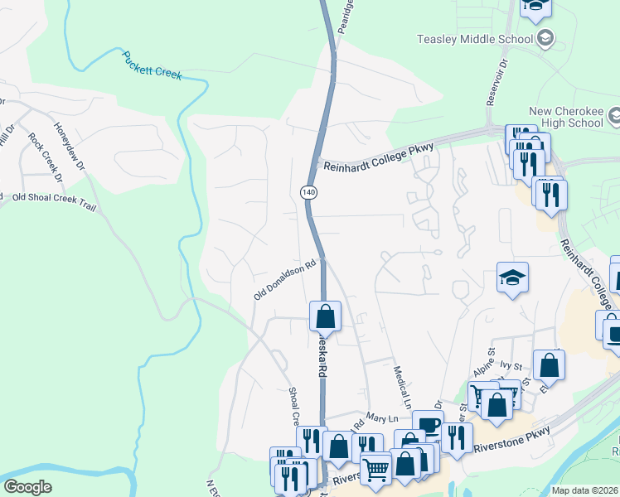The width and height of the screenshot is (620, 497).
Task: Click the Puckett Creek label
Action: (152, 66)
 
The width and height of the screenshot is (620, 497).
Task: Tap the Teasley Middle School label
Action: (475, 39)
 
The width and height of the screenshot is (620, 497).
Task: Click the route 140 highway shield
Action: (308, 192)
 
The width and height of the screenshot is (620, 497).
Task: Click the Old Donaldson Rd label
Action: (286, 281)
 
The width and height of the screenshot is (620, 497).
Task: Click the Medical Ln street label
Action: (403, 388)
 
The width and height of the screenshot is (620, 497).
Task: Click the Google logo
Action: (27, 487)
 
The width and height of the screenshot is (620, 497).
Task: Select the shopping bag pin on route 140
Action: (324, 316)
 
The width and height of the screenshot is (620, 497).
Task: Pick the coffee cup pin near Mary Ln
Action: (428, 425)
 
